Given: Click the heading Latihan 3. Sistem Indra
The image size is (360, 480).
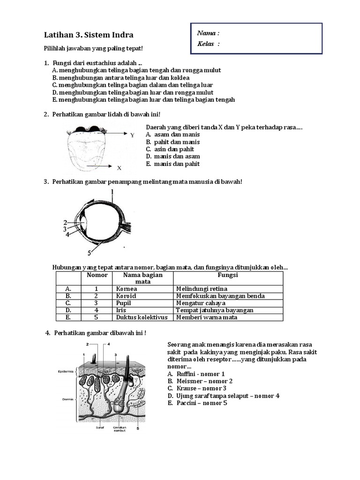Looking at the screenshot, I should (x=89, y=35).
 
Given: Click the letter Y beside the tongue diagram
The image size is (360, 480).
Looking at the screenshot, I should (x=133, y=135).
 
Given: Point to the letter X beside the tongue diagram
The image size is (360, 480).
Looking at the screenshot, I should (x=120, y=167).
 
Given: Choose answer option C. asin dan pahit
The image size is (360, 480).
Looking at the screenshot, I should (x=173, y=149).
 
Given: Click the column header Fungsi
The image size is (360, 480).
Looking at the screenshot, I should (x=228, y=275).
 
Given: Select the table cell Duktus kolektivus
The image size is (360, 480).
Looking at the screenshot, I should (x=142, y=317).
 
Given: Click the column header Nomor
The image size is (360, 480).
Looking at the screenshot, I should (x=97, y=275).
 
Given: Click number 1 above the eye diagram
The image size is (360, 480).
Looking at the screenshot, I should (x=112, y=191).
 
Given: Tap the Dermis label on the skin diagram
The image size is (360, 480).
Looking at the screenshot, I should (x=65, y=399).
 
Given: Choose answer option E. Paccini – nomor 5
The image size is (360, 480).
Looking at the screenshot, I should (x=197, y=403).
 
